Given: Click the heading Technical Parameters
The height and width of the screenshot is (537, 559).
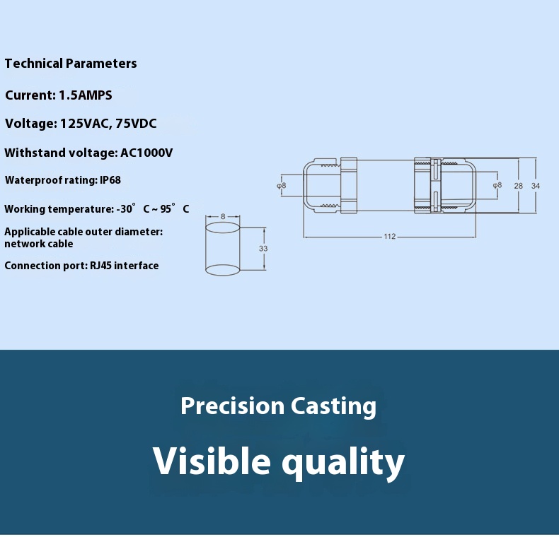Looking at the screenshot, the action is tap(71, 64).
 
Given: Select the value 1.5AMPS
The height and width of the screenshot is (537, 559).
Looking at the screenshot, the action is tap(86, 95).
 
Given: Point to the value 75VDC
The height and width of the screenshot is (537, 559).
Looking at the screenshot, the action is tap(136, 123).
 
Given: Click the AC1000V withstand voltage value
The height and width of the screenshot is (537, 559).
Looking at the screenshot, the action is tap(146, 153).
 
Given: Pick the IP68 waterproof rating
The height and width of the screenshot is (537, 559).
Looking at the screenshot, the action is tap(110, 180).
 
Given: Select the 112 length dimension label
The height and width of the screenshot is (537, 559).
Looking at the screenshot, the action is tap(390, 237).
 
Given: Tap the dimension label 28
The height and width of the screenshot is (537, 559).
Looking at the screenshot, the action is tap(519, 186).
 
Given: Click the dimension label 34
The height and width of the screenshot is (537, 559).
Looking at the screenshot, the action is tap(536, 186).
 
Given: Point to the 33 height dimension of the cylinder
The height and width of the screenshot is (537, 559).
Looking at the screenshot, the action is tap(263, 248).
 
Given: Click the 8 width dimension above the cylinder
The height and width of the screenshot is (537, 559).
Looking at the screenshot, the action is tap(223, 216).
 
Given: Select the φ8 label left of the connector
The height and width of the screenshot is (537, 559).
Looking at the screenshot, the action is tap(282, 186).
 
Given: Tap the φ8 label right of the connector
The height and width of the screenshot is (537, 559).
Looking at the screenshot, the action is tap(497, 185).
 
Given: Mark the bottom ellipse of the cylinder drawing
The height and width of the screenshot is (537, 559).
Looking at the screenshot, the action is tap(222, 276).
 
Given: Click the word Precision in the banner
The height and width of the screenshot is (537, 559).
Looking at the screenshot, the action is tap(232, 406).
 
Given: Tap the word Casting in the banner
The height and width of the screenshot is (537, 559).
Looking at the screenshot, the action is tap(333, 407).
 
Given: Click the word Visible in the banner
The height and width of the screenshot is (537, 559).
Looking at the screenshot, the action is tap(212, 460).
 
